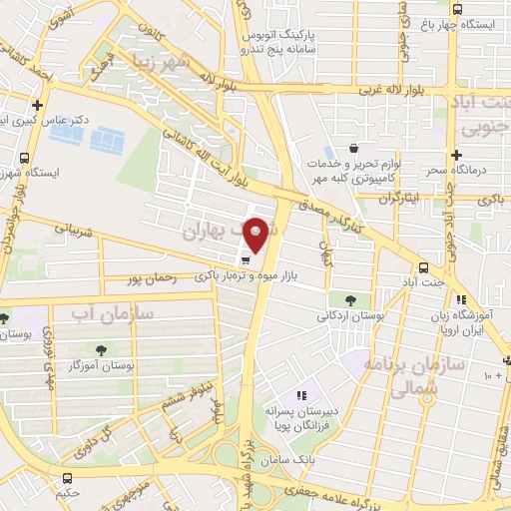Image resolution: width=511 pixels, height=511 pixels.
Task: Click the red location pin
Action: (x=255, y=235)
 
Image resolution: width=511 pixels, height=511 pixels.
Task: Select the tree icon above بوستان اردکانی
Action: (x=348, y=298)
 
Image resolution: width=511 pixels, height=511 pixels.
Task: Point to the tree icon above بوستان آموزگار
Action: (x=101, y=349)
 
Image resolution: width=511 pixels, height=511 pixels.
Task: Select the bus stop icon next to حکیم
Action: (x=67, y=478)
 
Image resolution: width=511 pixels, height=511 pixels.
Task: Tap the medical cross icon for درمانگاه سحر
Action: (x=456, y=156)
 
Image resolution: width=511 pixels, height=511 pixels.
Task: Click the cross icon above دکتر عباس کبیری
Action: (x=37, y=105)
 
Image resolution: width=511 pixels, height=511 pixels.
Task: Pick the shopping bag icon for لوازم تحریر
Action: (x=353, y=148)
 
